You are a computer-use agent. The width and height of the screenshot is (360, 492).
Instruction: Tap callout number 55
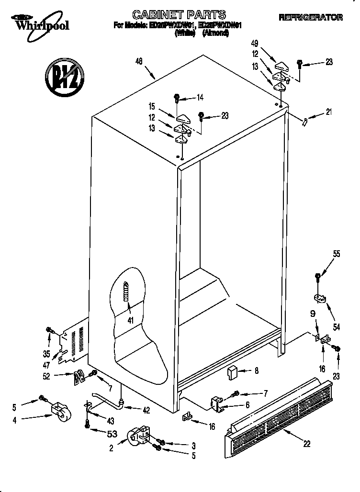tap(337, 254)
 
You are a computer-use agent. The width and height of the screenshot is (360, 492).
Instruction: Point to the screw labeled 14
tap(178, 98)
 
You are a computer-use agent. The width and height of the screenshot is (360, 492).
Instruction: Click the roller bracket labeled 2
tap(138, 436)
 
